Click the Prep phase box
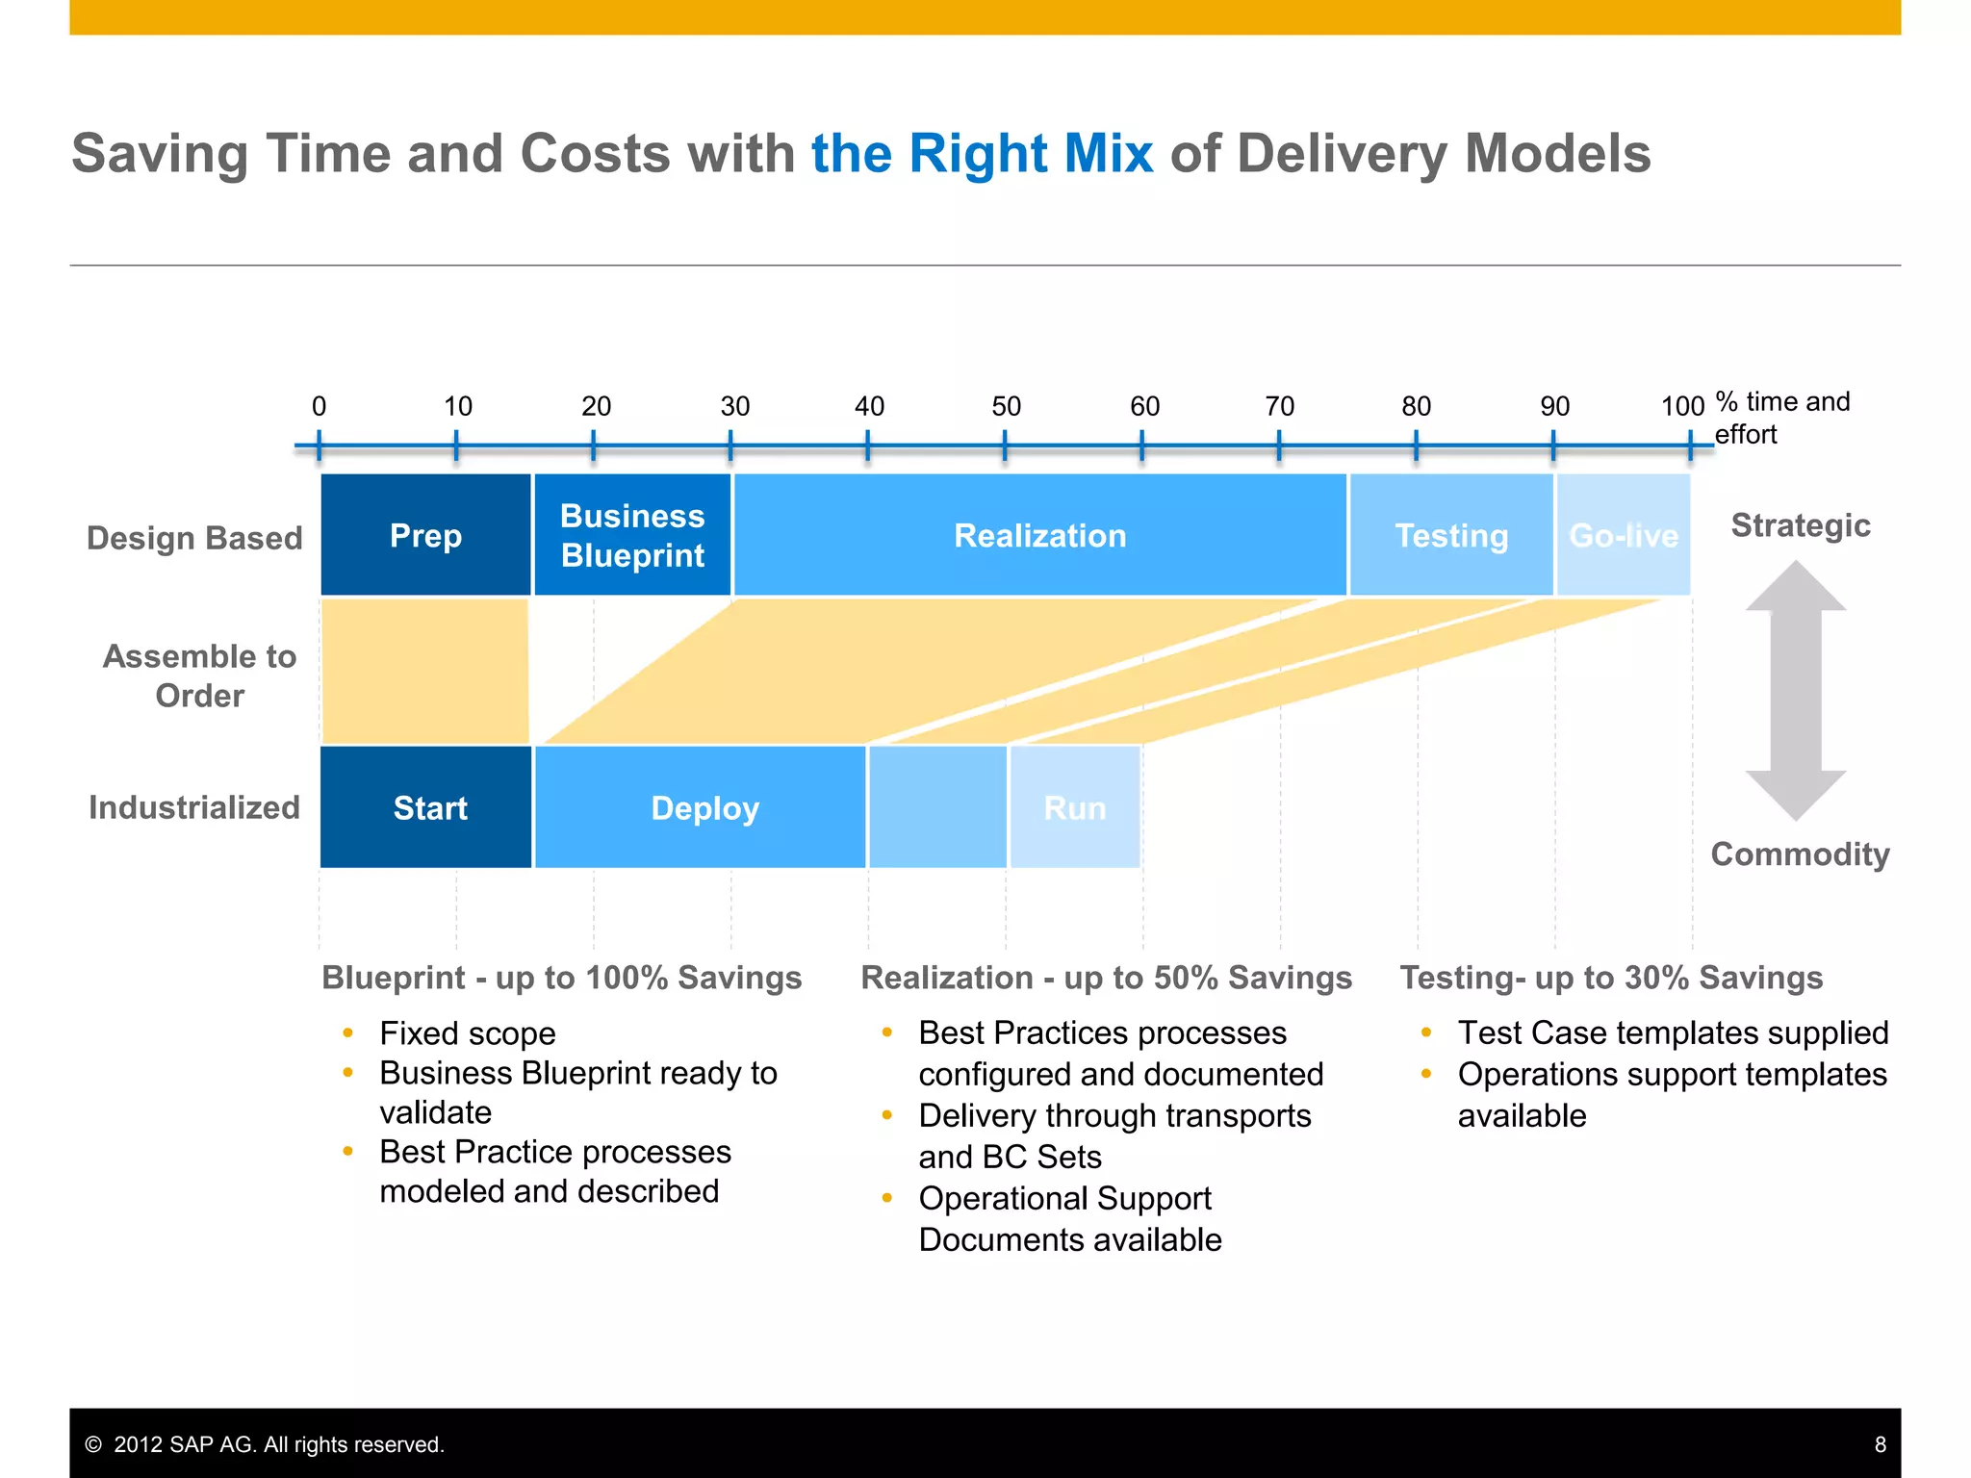[425, 535]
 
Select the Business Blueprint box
[632, 535]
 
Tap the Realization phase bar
[1039, 535]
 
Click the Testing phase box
[1451, 535]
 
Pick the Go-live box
[1624, 535]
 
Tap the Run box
[1075, 807]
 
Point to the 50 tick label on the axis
[1006, 406]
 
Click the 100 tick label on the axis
[1682, 406]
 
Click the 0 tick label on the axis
[319, 406]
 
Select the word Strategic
[1800, 525]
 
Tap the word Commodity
[1800, 854]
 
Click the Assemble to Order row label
[199, 675]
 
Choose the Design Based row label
[194, 537]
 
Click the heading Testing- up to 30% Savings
[1610, 978]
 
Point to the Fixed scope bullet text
[467, 1033]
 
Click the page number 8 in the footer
[1880, 1444]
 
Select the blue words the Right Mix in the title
[982, 154]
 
